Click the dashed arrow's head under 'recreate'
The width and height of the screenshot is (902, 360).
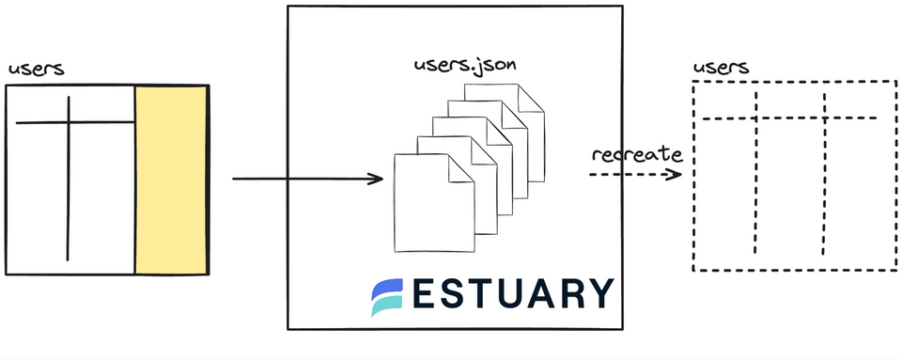(675, 174)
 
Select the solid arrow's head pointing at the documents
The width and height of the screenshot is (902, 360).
(378, 178)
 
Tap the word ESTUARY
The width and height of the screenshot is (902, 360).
(512, 294)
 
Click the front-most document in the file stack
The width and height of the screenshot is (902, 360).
(423, 207)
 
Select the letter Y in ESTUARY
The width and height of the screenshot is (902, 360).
(598, 294)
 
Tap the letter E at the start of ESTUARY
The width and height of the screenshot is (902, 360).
(426, 294)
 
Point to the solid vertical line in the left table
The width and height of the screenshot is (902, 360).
(68, 188)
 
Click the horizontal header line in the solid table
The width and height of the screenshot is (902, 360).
(38, 122)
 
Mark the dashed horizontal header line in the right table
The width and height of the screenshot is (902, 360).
(789, 118)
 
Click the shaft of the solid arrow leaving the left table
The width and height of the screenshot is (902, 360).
(301, 178)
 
